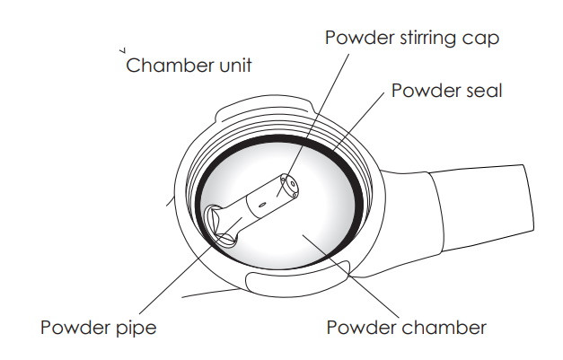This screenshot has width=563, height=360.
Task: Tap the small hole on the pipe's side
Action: tap(261, 206)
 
